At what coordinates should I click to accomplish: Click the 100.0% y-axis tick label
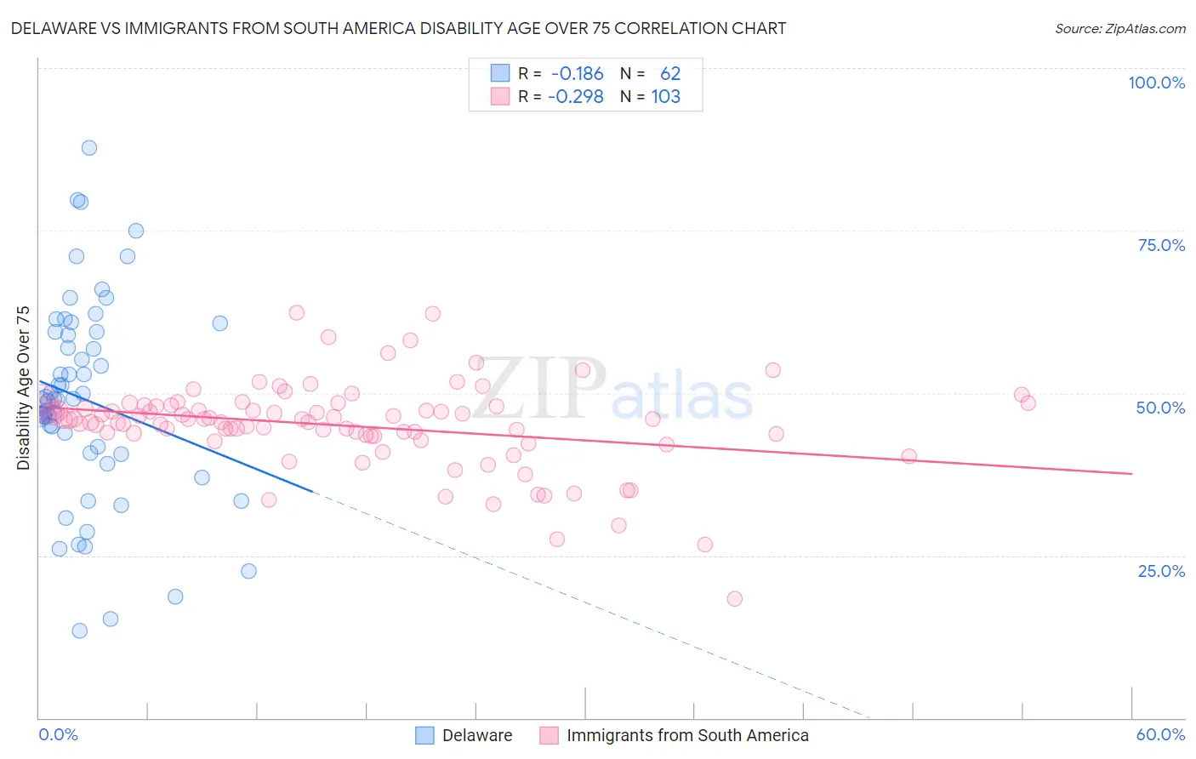(1156, 83)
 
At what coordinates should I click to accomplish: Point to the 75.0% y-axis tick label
(1161, 245)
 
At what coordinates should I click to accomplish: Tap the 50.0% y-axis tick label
(1160, 408)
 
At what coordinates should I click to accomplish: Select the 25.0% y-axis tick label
(1161, 570)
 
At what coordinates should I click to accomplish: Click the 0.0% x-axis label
(58, 734)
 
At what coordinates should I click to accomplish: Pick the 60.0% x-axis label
(1160, 734)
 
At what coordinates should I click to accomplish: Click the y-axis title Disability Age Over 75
(23, 388)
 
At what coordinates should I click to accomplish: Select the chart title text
(398, 28)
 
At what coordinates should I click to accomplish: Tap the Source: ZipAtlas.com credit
(1119, 28)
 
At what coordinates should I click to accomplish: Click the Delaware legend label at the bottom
(477, 735)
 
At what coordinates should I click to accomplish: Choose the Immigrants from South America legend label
(687, 735)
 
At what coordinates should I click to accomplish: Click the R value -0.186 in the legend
(577, 74)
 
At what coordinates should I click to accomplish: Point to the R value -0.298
(575, 97)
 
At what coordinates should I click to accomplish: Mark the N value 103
(666, 97)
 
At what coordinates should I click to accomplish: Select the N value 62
(670, 74)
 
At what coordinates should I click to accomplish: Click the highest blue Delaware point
(89, 148)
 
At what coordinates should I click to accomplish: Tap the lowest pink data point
(735, 599)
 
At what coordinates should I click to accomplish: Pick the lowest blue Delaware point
(80, 631)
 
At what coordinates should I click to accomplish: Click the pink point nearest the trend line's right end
(908, 456)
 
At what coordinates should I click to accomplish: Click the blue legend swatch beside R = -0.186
(499, 73)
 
